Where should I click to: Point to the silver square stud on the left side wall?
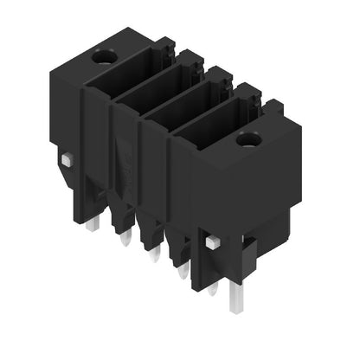[67, 159]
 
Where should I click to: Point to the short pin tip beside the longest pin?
[211, 287]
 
